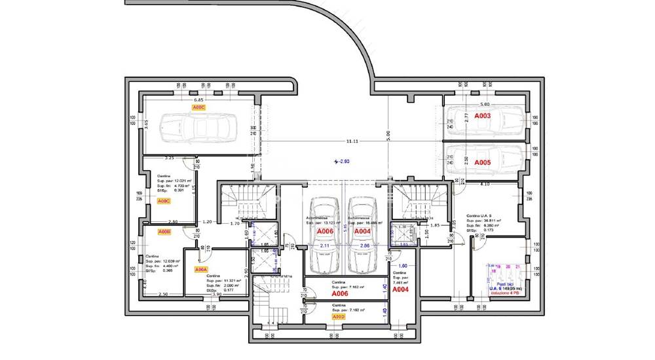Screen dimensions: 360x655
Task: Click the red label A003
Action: [483, 116]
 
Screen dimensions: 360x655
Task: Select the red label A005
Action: [483, 162]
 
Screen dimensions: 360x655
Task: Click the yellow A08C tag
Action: [198, 106]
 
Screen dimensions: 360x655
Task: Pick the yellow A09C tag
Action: [164, 201]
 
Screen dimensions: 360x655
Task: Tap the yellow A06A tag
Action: [201, 269]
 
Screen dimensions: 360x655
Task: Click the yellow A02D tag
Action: [338, 317]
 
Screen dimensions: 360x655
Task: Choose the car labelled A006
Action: [324, 232]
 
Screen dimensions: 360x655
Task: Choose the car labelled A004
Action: [363, 232]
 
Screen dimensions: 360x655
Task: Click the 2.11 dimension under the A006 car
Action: [324, 245]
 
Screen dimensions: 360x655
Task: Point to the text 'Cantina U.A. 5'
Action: [483, 215]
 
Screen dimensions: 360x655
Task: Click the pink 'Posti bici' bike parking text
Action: [504, 284]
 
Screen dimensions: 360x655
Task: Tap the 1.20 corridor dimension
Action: [208, 222]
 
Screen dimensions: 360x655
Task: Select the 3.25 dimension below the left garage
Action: [169, 158]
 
